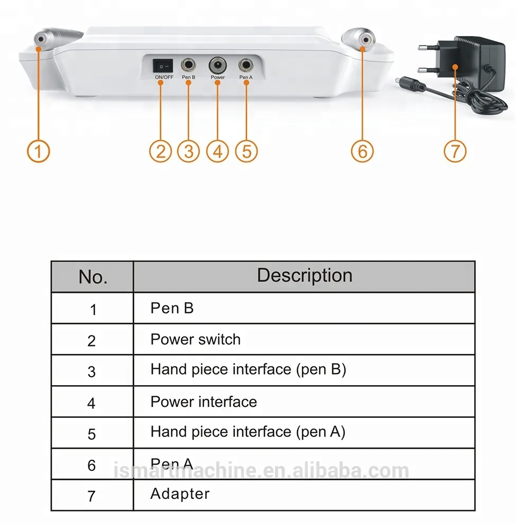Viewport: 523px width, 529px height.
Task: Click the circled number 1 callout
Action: [38, 151]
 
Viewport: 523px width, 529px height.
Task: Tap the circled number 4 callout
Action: [217, 151]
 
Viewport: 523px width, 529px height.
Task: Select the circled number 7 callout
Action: [454, 151]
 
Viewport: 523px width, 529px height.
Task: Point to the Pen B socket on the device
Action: [189, 66]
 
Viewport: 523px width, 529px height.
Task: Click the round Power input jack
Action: [217, 66]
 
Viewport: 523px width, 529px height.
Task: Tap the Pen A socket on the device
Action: [246, 66]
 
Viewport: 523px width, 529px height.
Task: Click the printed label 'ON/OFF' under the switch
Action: [164, 78]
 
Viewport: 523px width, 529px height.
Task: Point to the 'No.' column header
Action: [93, 277]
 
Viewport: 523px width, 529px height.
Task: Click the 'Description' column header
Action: [304, 276]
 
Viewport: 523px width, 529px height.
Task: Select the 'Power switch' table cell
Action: [195, 340]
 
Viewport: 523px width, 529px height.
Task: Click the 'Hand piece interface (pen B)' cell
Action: [248, 369]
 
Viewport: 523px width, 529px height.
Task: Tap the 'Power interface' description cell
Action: [204, 402]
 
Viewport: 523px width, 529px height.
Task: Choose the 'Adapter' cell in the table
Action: [180, 494]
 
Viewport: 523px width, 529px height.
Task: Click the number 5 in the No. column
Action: [92, 434]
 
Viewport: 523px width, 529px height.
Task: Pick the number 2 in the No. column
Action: [92, 341]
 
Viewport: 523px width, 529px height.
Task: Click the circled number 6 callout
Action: [362, 151]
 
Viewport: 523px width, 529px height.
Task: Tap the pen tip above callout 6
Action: [361, 39]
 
